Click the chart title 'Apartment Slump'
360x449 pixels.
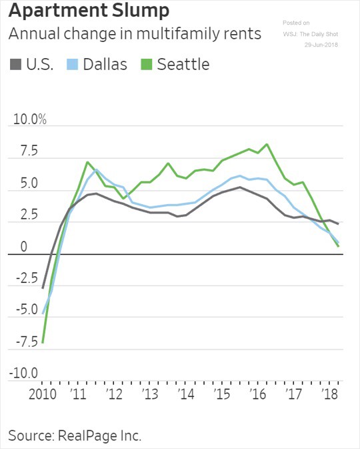(x=88, y=12)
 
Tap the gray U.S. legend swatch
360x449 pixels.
(x=15, y=65)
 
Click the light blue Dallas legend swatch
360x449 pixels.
(x=73, y=65)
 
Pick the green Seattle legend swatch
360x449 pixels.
(x=147, y=65)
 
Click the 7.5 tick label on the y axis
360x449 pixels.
(x=21, y=152)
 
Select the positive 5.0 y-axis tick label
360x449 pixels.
(x=21, y=184)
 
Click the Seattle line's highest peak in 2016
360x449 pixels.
(x=267, y=144)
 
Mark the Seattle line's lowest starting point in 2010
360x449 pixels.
(x=43, y=342)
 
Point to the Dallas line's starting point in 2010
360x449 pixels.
(x=43, y=314)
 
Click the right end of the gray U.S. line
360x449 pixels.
(x=339, y=223)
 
